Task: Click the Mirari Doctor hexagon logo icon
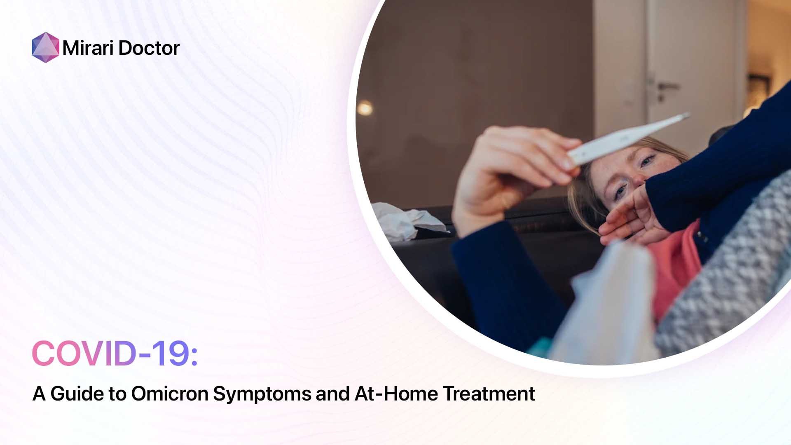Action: pyautogui.click(x=45, y=47)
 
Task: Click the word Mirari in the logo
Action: pyautogui.click(x=88, y=48)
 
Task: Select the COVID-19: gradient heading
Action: pyautogui.click(x=115, y=354)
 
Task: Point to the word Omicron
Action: pyautogui.click(x=170, y=393)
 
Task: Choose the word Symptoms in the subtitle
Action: pyautogui.click(x=262, y=394)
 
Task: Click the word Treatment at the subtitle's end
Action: pyautogui.click(x=489, y=393)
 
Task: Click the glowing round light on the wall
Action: pyautogui.click(x=365, y=108)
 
